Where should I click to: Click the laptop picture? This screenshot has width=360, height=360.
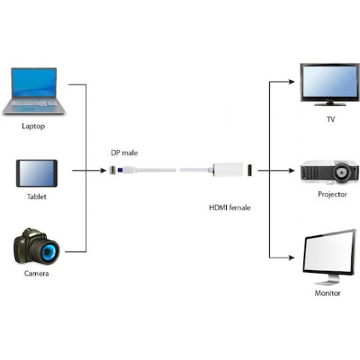coord(34,91)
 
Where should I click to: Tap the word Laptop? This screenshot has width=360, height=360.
coord(33,126)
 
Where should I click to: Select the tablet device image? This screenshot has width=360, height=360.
coord(37,174)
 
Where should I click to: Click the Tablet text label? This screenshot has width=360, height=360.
coord(37,197)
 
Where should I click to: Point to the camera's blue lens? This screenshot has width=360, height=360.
coord(50,252)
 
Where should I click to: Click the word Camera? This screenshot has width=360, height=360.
coord(37,274)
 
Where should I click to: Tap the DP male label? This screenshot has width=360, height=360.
coord(125,153)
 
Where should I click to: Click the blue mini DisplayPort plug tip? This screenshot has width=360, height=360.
coord(120,170)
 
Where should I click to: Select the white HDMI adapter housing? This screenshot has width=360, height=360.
coord(228,170)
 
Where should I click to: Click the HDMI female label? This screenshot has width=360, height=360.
coord(230,207)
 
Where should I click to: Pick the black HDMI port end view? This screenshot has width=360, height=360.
coord(250,170)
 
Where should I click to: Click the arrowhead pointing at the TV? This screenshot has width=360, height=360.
coord(292,82)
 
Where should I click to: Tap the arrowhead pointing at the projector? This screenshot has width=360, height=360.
coord(292,171)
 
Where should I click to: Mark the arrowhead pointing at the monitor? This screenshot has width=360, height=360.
coord(292,258)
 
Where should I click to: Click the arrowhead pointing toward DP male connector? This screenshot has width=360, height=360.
coord(103,171)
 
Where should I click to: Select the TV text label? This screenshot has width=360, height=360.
coord(330,120)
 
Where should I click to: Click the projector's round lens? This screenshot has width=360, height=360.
coord(341,172)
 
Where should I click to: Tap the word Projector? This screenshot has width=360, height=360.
coord(333,194)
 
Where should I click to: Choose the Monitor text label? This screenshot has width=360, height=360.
coord(328,293)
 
